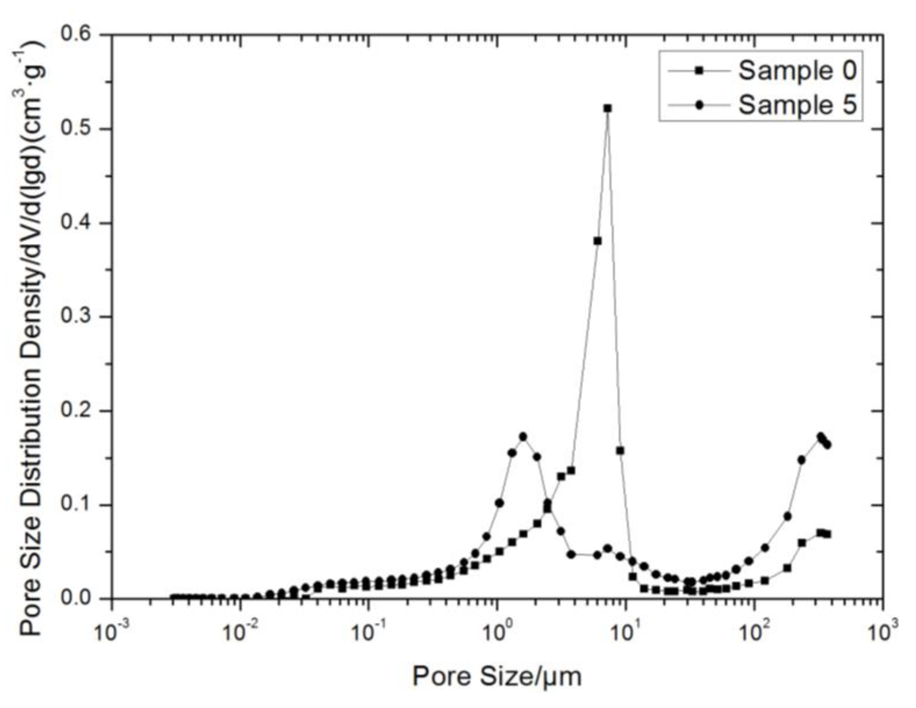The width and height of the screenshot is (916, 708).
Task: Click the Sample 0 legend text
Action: coord(797,70)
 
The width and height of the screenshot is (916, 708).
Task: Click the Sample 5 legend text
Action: coord(797,105)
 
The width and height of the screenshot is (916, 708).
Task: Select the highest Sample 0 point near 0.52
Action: coord(608,109)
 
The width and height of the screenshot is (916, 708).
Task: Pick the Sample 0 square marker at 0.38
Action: coord(598,241)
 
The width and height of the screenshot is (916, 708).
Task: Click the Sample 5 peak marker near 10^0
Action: coord(523,437)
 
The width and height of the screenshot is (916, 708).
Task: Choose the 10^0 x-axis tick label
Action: coord(497,632)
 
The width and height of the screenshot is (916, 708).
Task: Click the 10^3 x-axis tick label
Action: coord(882,632)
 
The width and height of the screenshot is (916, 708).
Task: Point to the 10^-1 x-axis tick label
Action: coord(367,632)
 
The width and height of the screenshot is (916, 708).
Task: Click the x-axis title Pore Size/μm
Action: coord(497,676)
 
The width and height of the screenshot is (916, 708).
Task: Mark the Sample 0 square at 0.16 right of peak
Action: coord(620,451)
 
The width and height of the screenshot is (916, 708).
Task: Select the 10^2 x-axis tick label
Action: coord(754,632)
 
